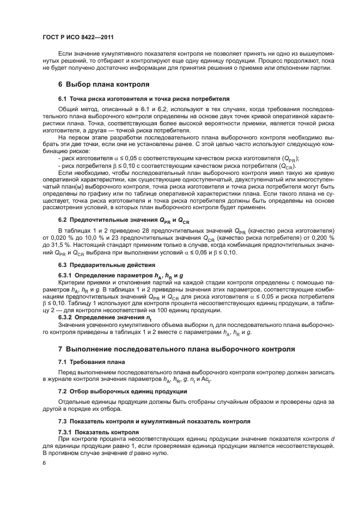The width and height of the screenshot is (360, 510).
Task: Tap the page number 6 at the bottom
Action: tap(44, 463)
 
